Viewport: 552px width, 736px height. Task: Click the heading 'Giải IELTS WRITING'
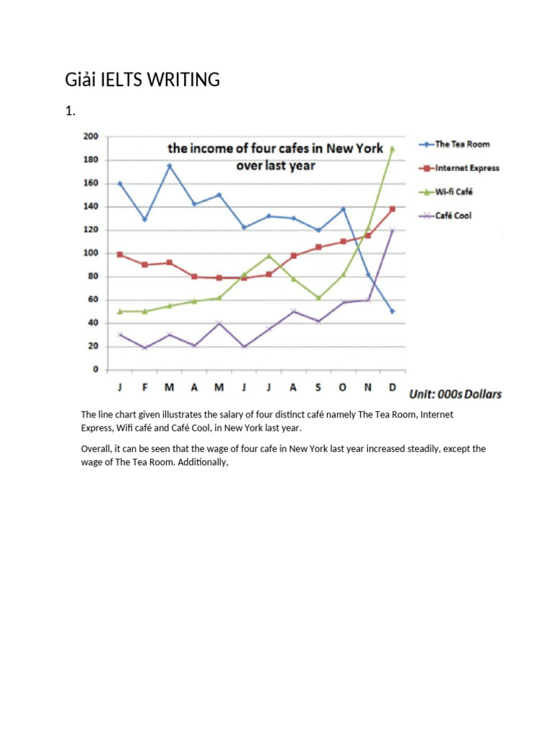click(142, 80)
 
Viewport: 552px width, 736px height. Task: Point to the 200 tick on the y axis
click(91, 137)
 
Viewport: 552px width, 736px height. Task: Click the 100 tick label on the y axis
click(91, 253)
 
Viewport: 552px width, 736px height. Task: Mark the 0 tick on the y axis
click(95, 369)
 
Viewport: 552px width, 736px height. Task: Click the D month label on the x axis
click(392, 387)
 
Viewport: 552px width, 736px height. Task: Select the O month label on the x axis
click(342, 387)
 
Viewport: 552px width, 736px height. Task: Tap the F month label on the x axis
click(144, 387)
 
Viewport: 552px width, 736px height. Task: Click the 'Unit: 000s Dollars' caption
click(455, 394)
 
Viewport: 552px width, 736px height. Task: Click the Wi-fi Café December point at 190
click(392, 149)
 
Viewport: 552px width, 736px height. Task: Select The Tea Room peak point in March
click(170, 166)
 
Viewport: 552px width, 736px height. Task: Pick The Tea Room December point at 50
click(392, 311)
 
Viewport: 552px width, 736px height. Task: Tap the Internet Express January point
click(120, 254)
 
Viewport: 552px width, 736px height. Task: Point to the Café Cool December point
click(392, 230)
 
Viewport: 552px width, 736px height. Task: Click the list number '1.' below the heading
click(70, 111)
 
